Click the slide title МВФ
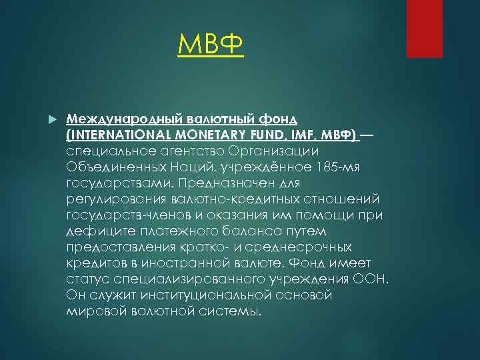(x=211, y=46)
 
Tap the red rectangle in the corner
(x=424, y=28)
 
